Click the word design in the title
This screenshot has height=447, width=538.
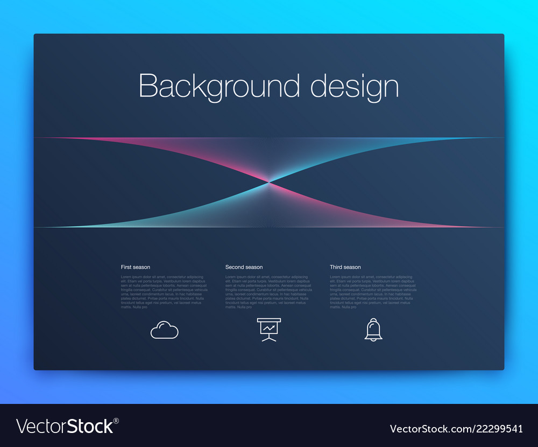[x=355, y=86]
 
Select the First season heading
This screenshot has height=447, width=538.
[x=136, y=267]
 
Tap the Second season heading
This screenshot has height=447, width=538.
[x=244, y=267]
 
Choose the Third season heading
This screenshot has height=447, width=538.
[x=345, y=267]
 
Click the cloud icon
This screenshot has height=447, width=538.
[x=164, y=330]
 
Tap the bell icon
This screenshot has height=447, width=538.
[x=373, y=329]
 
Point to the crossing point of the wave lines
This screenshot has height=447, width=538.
[x=269, y=183]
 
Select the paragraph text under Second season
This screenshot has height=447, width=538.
[x=268, y=292]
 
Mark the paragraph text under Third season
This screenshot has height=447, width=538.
[x=373, y=292]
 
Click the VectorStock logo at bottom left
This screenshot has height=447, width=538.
[x=65, y=426]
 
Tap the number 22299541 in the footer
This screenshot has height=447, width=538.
[x=498, y=429]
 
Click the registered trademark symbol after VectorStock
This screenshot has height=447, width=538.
[x=116, y=420]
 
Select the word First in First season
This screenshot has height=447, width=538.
[x=126, y=267]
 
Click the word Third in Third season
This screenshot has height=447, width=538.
[x=336, y=267]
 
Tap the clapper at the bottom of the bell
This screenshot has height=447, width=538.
[x=373, y=339]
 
